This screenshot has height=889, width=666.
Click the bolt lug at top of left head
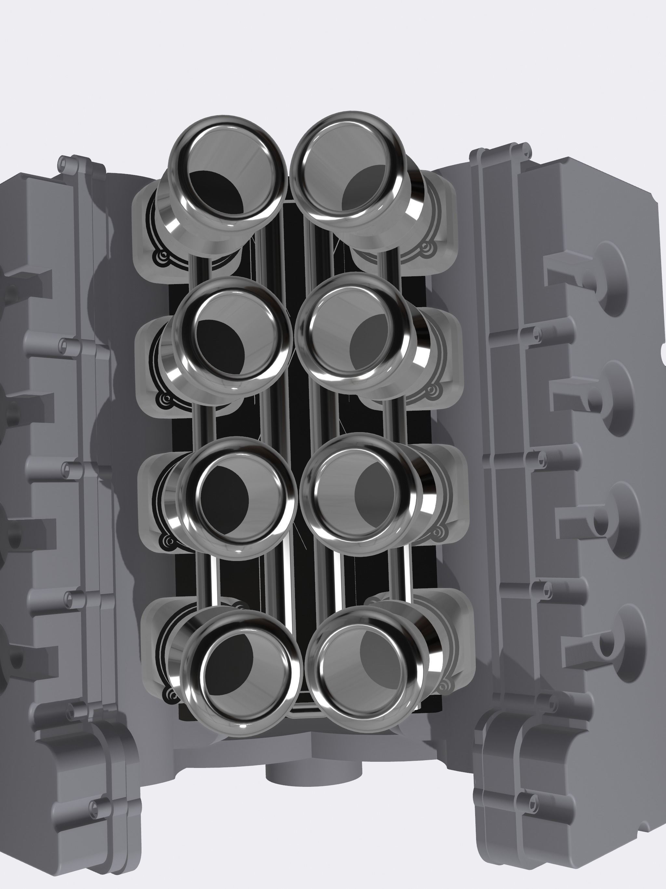(x=64, y=162)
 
